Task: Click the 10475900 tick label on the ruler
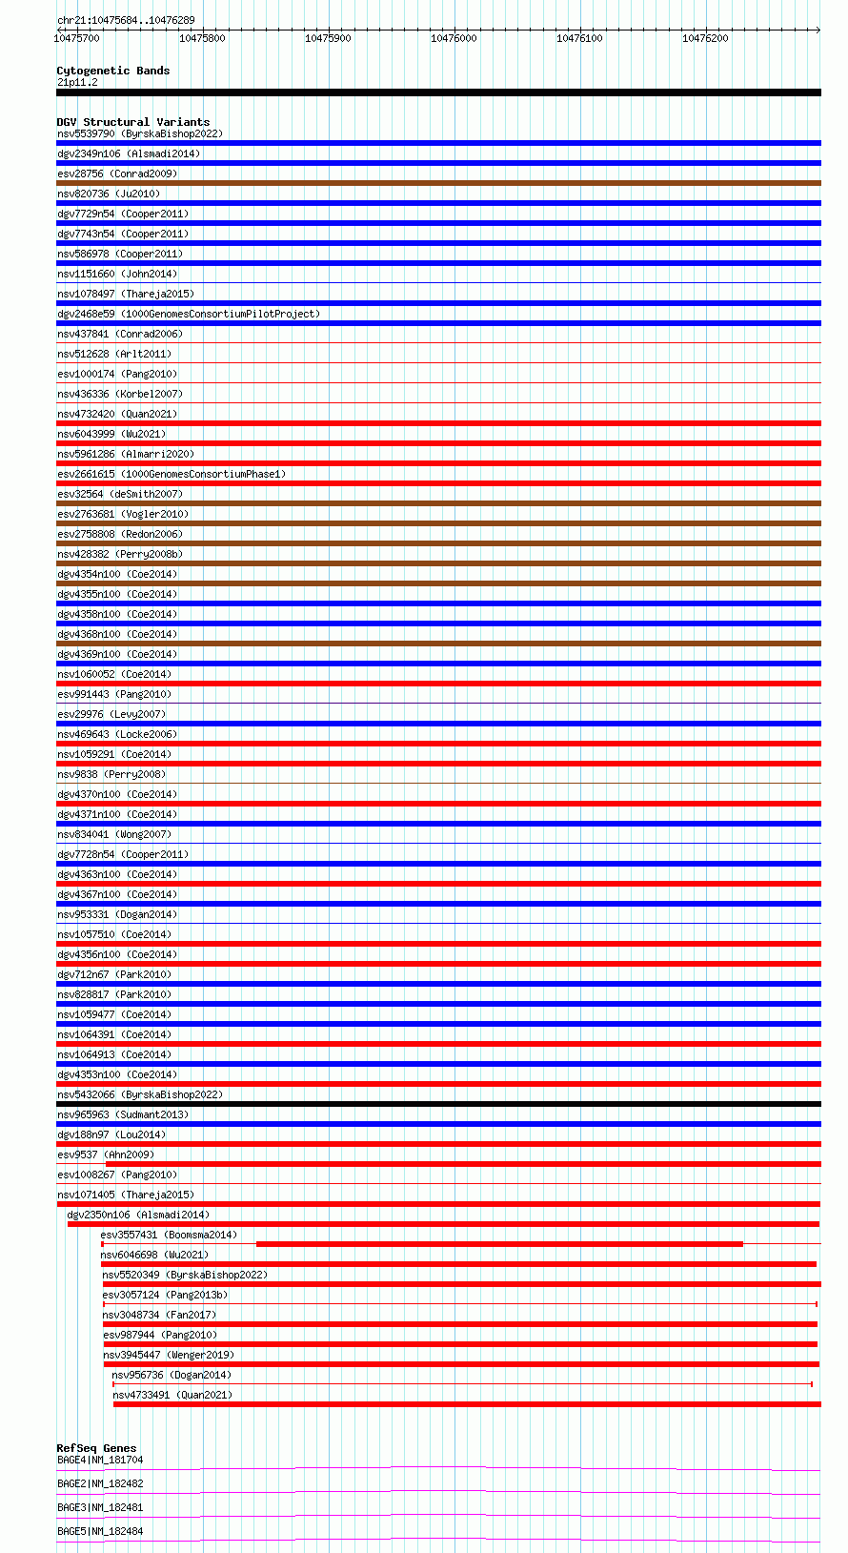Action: (328, 38)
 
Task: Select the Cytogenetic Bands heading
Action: (112, 71)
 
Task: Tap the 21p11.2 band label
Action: (77, 82)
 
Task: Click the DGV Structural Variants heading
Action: (132, 122)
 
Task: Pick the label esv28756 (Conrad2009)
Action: (117, 174)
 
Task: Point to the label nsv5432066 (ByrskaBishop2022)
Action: (140, 1094)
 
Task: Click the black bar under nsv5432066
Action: (438, 1104)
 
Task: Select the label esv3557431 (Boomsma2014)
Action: (169, 1235)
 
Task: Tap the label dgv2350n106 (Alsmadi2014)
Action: (138, 1215)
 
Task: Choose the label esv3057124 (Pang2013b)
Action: (165, 1295)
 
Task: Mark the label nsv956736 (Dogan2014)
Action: (172, 1375)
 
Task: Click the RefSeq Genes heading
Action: (96, 1448)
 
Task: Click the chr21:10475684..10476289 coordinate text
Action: (126, 20)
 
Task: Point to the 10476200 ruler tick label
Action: (705, 38)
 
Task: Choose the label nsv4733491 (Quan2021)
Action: (172, 1395)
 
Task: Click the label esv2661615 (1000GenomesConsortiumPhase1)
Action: (172, 474)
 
